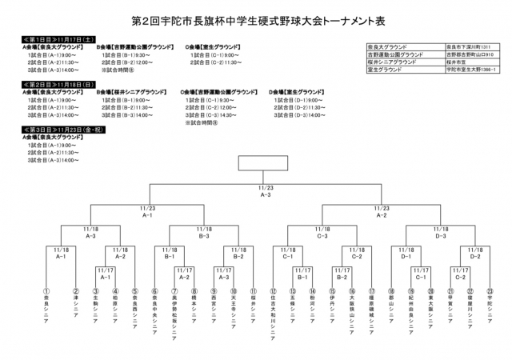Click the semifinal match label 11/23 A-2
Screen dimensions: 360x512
point(382,212)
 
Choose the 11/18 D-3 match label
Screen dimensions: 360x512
point(441,233)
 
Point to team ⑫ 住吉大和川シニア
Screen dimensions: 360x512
point(274,308)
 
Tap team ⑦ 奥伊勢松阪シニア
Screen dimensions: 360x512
point(174,308)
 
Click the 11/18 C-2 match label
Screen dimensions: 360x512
point(358,254)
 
